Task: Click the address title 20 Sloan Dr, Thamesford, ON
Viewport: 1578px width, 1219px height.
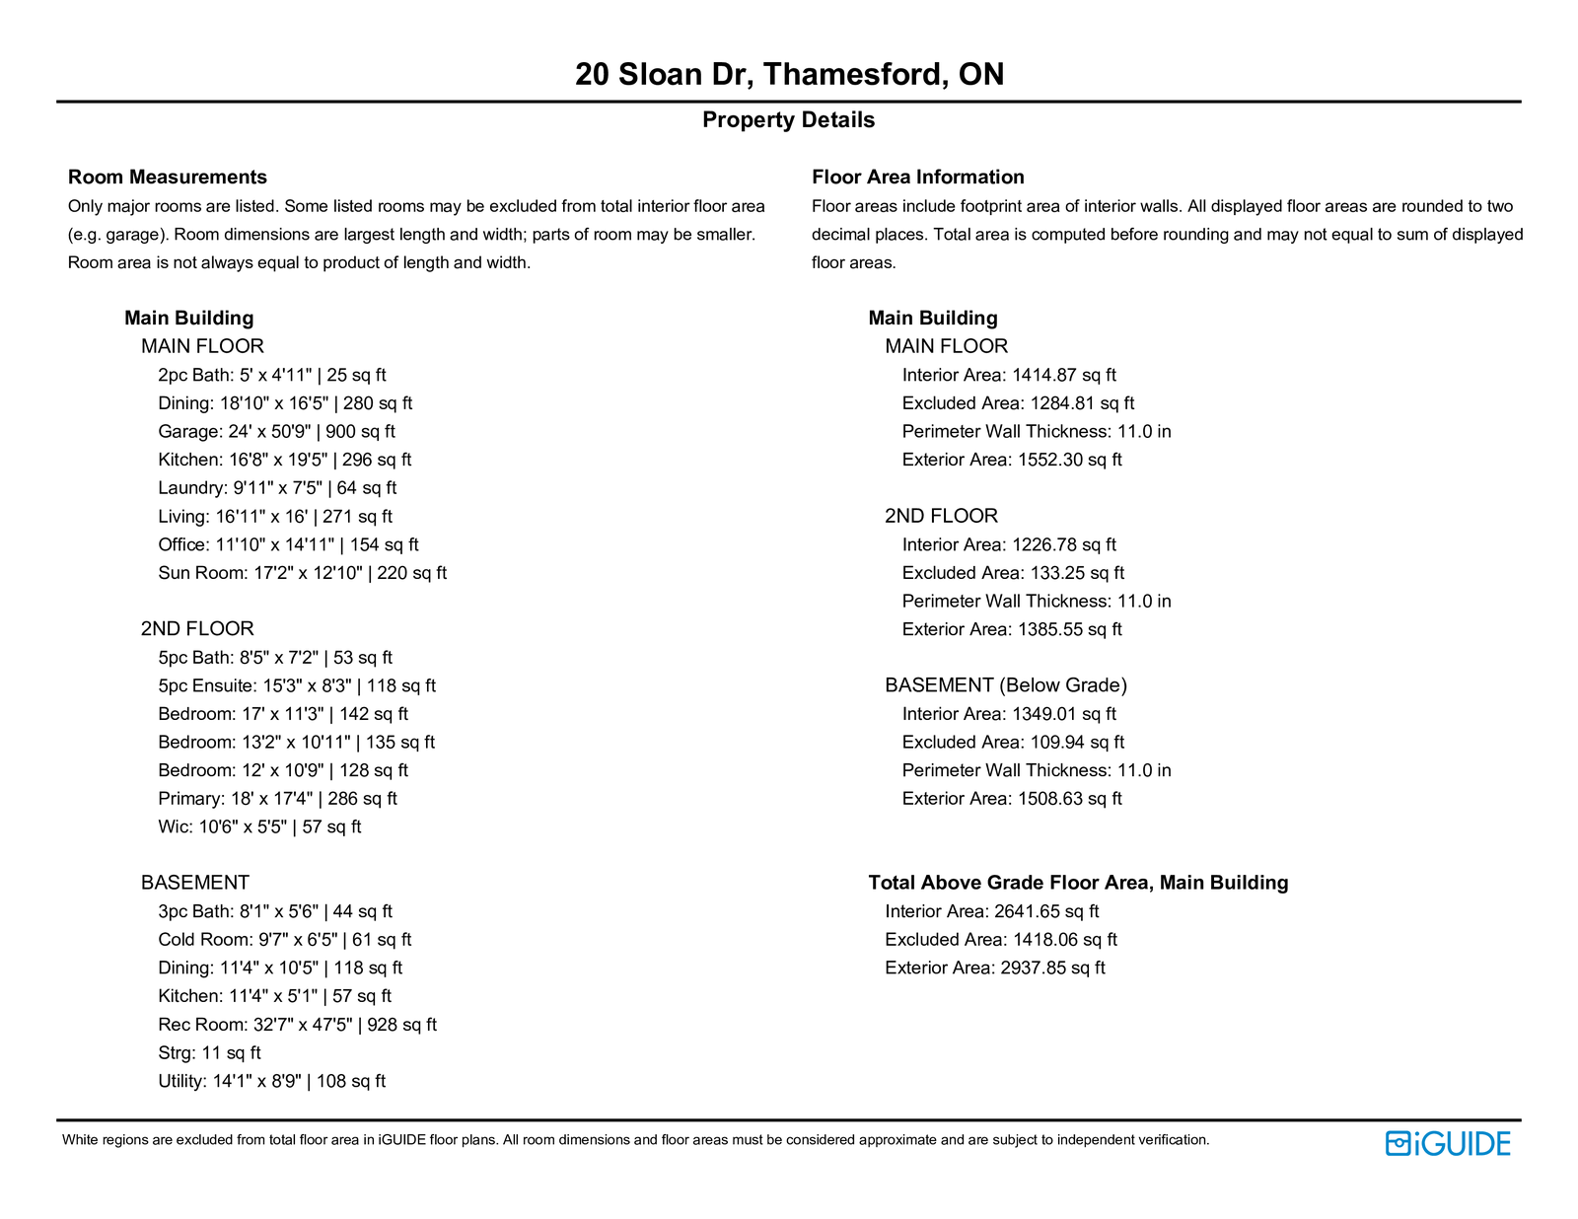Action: [789, 75]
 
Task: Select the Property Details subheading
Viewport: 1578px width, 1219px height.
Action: [788, 120]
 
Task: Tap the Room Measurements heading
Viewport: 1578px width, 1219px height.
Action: [168, 178]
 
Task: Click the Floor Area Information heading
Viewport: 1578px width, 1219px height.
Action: [917, 178]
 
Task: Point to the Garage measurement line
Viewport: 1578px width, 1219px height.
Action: [276, 432]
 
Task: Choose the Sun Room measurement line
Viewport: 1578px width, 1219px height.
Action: [302, 573]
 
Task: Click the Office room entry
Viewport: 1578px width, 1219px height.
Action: [288, 544]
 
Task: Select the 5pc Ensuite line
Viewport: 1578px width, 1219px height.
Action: [296, 685]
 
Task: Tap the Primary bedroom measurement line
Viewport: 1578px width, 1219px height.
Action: [277, 799]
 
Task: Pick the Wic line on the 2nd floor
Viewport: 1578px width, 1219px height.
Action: [259, 827]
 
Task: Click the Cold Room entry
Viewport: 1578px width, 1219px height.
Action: [284, 940]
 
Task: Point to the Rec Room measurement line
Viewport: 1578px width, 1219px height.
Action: [297, 1025]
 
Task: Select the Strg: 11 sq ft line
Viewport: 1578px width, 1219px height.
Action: [209, 1053]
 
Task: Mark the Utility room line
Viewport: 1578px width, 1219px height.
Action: [271, 1082]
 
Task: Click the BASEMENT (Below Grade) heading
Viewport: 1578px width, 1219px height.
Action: [1005, 685]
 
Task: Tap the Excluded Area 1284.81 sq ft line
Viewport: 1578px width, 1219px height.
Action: [1018, 403]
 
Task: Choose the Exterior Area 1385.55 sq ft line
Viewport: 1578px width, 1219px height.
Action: [1012, 629]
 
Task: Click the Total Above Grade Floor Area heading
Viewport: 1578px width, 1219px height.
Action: [1078, 883]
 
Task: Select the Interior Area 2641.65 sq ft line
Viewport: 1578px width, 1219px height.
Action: [991, 912]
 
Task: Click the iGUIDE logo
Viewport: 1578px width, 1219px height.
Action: [1447, 1144]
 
